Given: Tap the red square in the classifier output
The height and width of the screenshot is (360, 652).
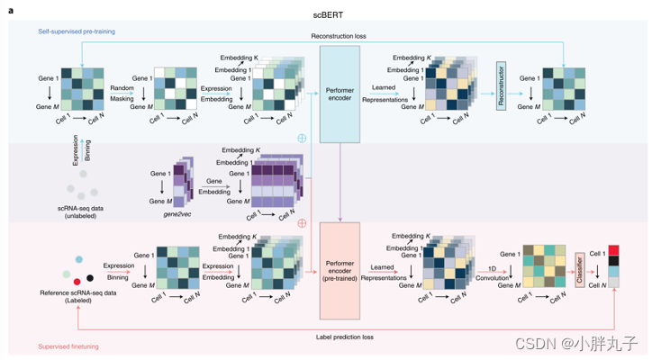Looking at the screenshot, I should [614, 250].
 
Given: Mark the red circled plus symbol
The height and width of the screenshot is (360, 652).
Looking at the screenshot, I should [303, 223].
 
